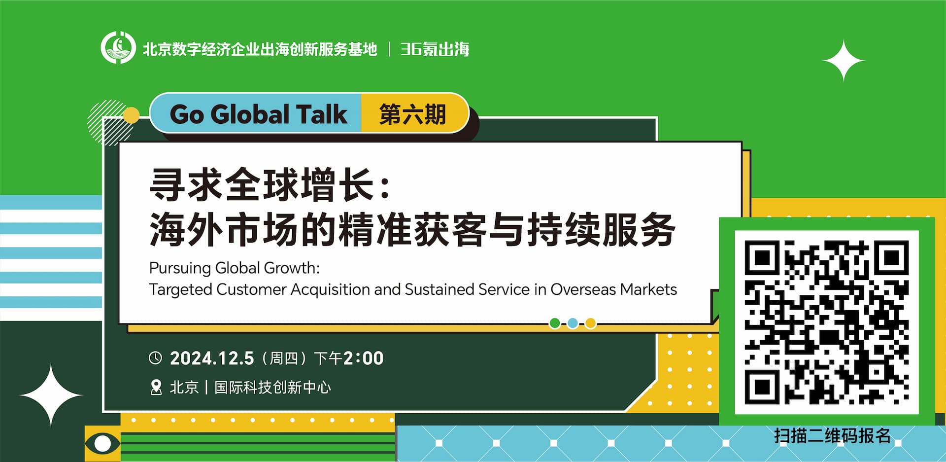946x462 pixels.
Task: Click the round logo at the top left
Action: click(x=118, y=48)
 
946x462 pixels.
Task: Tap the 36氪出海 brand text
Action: click(x=435, y=49)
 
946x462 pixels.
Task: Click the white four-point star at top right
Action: click(x=844, y=61)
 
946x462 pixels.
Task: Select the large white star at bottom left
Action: click(x=51, y=395)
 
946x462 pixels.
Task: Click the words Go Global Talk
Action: click(x=258, y=114)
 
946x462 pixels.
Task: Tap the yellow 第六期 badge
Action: click(x=412, y=114)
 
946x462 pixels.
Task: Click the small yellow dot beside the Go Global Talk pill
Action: click(x=131, y=115)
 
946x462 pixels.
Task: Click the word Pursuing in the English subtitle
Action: click(x=180, y=268)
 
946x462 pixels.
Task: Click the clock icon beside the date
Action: click(x=155, y=358)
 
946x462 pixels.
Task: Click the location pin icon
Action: click(x=156, y=388)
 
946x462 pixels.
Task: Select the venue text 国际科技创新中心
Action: click(x=272, y=388)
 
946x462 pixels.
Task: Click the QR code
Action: click(x=827, y=322)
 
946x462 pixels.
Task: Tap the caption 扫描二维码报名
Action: click(x=832, y=436)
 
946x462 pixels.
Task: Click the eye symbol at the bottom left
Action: click(x=102, y=443)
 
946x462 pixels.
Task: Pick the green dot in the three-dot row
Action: click(x=555, y=323)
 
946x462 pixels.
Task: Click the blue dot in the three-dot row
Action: click(x=573, y=323)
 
